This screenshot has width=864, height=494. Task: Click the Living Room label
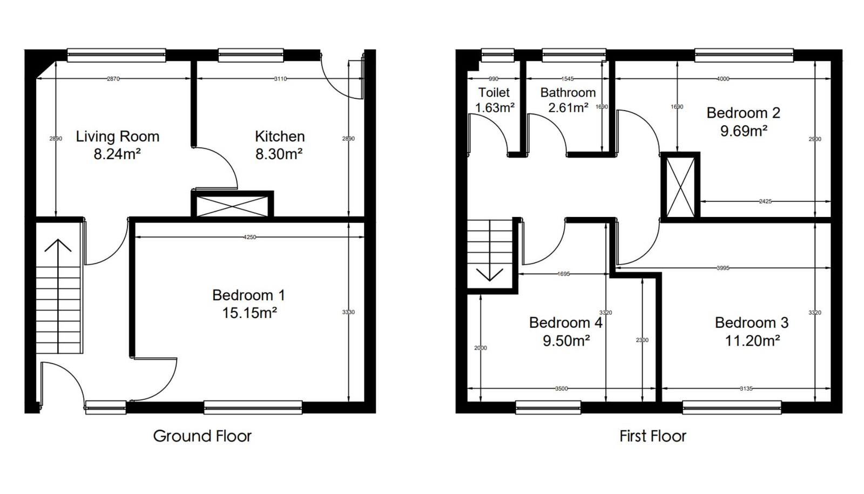(x=117, y=137)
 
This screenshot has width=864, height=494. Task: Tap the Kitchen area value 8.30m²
(x=279, y=154)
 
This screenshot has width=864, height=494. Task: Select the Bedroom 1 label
(x=248, y=295)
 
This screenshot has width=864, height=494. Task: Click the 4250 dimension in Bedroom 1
(x=249, y=237)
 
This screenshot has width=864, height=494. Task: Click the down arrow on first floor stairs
(x=489, y=274)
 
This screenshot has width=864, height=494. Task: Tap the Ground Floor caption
(x=202, y=436)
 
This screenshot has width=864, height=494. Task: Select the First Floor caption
(x=652, y=436)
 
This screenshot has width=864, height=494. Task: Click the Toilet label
(x=494, y=92)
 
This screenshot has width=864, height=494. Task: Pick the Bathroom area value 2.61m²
(x=568, y=108)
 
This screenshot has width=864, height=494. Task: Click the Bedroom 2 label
(x=743, y=113)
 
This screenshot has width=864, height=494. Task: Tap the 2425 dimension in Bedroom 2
(x=765, y=201)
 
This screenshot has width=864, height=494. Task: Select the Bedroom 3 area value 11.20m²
(x=752, y=341)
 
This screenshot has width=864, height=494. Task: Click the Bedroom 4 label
(x=565, y=323)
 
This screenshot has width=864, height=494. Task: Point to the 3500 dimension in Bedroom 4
(x=561, y=389)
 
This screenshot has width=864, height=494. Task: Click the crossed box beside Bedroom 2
(x=680, y=187)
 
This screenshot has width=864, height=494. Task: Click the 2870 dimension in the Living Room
(x=113, y=79)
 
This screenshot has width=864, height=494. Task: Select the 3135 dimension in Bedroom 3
(x=746, y=389)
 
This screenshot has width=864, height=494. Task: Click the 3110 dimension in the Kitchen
(x=280, y=79)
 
